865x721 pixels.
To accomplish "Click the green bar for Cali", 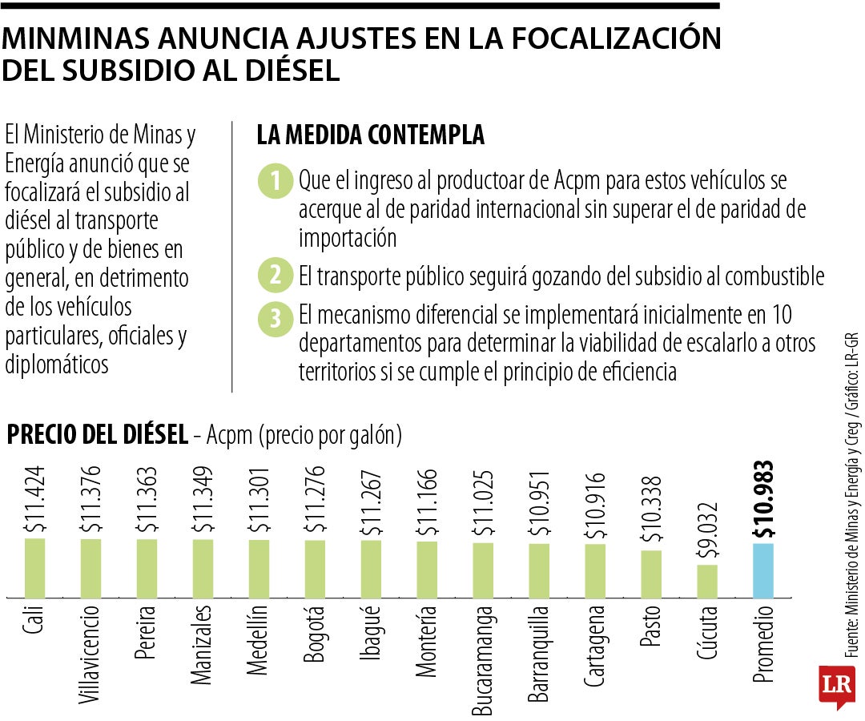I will tap(34, 567).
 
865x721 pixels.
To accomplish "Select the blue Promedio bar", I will tap(763, 570).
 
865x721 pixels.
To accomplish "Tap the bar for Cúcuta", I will tap(707, 581).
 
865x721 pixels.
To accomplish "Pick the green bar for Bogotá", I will tap(315, 568).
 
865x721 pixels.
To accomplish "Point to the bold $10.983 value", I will tap(763, 499).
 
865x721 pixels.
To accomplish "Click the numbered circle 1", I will tap(275, 182).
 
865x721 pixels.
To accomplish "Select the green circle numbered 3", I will tap(275, 318).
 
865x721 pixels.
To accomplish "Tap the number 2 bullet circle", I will tap(275, 276).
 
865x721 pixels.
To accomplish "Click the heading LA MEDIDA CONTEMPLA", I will tap(370, 135).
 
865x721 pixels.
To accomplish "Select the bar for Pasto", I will tap(651, 574).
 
